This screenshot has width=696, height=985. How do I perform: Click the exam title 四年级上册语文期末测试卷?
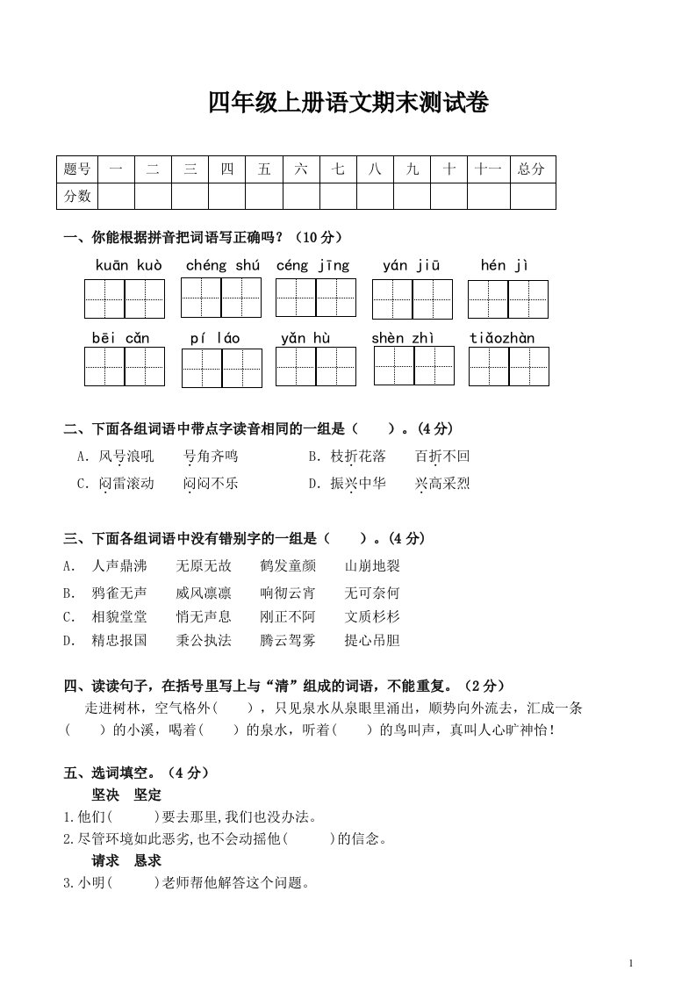348,104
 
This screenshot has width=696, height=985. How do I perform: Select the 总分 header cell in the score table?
531,169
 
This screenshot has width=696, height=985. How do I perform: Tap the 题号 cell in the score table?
77,169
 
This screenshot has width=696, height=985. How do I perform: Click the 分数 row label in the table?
77,196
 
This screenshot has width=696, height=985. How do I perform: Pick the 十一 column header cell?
487,169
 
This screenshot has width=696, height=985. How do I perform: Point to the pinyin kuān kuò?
128,265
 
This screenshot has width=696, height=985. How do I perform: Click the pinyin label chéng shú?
223,265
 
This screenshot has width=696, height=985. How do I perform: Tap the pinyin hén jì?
506,265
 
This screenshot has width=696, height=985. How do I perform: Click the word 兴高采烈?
442,483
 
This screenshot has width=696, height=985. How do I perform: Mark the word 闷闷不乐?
211,483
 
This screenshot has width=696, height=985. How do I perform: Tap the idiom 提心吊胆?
372,641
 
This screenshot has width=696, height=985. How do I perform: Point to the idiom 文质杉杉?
372,616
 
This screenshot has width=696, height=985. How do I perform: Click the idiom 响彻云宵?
288,592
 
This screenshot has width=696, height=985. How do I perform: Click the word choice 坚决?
105,794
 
